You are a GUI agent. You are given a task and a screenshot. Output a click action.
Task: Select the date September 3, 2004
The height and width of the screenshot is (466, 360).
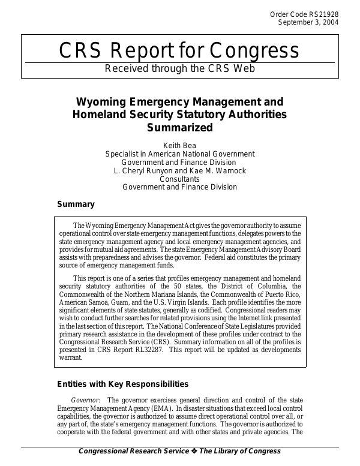tap(307, 22)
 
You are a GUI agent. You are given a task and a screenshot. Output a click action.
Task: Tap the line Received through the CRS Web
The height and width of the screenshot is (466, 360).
tap(180, 68)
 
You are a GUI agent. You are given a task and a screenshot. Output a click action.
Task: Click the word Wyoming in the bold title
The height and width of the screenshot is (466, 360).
tap(102, 102)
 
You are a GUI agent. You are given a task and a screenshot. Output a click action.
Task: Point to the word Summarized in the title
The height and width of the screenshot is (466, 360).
tap(180, 127)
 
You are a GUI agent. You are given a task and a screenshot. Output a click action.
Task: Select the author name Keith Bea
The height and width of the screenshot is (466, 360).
tap(179, 145)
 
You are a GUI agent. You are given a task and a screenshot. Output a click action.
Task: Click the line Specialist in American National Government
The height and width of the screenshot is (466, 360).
tap(179, 154)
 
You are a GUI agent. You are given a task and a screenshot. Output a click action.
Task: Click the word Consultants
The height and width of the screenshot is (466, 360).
tap(179, 179)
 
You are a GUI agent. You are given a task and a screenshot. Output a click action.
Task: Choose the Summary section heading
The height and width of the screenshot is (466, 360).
tap(76, 205)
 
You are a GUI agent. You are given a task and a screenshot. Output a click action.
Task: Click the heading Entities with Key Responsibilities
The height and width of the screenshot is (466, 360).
tap(122, 384)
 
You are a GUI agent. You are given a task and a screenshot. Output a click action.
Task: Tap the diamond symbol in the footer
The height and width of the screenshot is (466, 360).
tap(195, 451)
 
